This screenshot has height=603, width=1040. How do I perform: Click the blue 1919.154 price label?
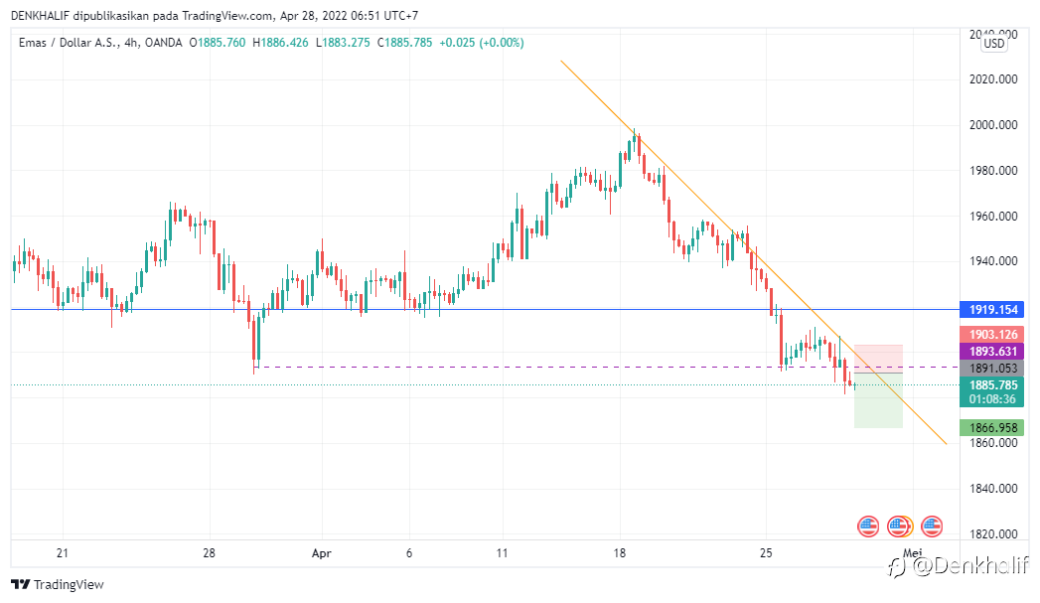coord(993,310)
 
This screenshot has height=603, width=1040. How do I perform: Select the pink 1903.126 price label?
coord(993,335)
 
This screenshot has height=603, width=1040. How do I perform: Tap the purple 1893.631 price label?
coord(993,352)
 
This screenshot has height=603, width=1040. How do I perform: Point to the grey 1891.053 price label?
coord(993,369)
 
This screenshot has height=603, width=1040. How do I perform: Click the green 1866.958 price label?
coord(993,428)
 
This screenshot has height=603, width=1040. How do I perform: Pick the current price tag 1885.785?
coord(993,385)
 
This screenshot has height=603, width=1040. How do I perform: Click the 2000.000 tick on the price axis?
coord(993,125)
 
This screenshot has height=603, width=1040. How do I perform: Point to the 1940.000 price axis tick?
coord(993,262)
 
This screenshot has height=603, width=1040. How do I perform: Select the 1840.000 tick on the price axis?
coord(993,489)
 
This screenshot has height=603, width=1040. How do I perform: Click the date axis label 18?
coord(620,552)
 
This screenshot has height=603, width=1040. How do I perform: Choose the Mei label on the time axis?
coord(912,552)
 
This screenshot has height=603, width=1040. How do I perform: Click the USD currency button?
coord(993,44)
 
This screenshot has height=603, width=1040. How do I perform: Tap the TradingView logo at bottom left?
coord(58,584)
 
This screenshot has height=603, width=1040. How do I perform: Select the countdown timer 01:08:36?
coord(993,399)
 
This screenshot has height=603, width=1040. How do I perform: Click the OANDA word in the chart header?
coord(169,43)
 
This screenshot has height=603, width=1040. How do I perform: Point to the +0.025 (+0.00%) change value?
coord(482,43)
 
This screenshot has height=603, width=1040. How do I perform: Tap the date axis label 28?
coord(209,552)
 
